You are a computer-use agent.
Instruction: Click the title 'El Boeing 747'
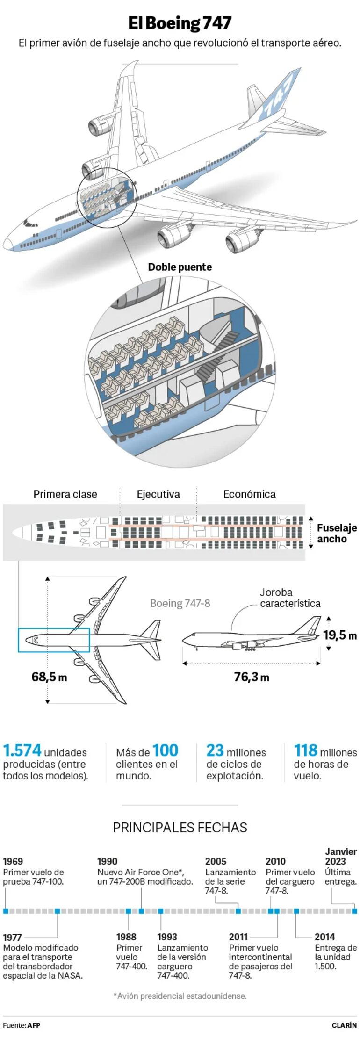pos(180,23)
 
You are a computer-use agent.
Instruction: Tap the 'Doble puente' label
pos(180,267)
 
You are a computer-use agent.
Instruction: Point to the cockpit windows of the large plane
pos(31,224)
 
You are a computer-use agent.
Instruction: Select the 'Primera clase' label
pos(65,494)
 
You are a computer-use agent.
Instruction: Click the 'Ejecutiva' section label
pos(158,494)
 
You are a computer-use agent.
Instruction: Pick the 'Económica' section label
pos(249,494)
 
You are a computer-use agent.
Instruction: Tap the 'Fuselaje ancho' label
pos(337,533)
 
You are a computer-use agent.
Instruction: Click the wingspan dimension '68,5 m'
pos(49,677)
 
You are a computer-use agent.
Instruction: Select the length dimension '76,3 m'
pos(252,677)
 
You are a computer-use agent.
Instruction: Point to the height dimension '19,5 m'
pos(340,635)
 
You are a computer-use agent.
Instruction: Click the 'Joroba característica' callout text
pos(290,598)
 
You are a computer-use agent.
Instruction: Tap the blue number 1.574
pos(22,750)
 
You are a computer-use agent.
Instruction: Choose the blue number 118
pos(306,750)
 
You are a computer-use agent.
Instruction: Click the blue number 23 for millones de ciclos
pos(215,750)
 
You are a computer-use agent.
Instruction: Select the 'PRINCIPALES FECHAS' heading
pos(180,828)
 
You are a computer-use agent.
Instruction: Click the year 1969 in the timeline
pos(13,861)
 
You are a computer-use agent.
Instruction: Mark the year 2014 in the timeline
pos(324,937)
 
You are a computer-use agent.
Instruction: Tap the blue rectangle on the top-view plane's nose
pos(54,640)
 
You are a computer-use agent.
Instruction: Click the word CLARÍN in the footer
pos(344,1025)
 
